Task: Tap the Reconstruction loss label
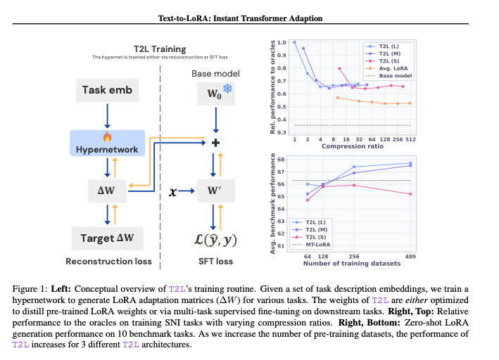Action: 108,262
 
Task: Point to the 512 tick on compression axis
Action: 410,139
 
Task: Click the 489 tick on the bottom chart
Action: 411,256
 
